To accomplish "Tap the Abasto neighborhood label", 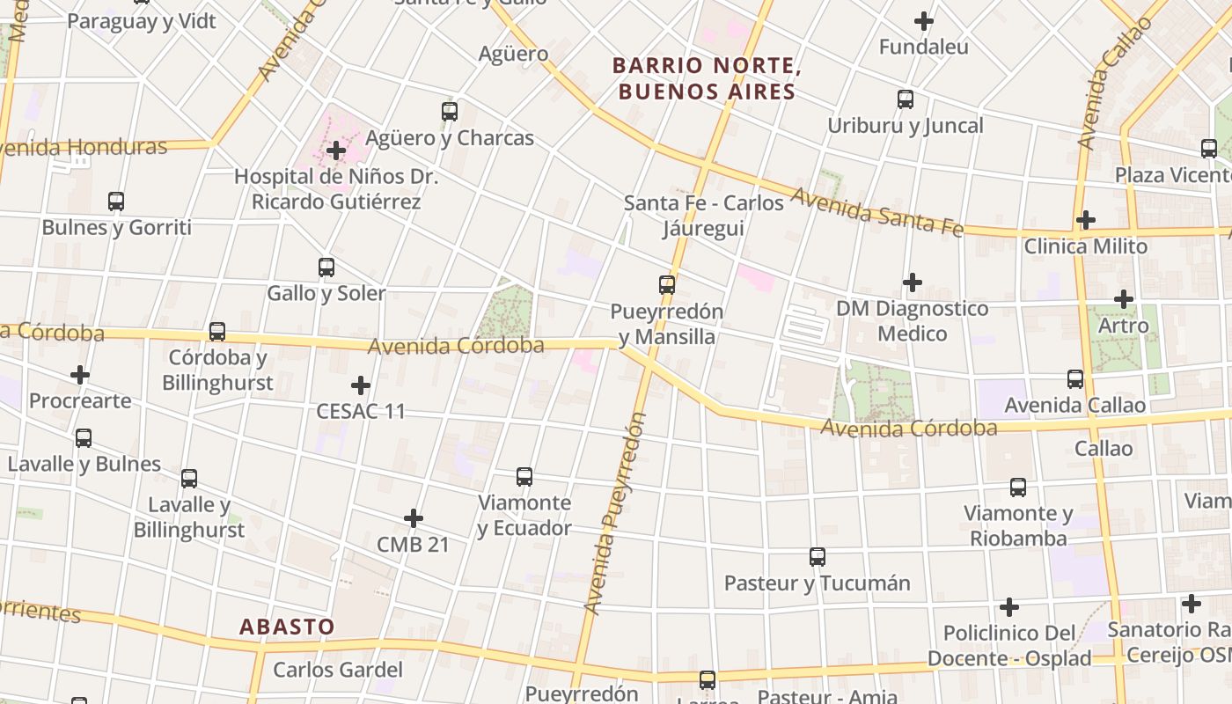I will (287, 627).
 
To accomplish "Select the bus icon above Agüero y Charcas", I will (450, 112).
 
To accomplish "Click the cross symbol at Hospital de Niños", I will (335, 151).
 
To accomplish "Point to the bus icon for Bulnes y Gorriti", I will (116, 202).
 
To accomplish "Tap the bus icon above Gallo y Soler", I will (326, 268).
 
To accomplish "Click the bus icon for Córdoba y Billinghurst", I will (217, 332).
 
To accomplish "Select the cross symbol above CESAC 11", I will (361, 385).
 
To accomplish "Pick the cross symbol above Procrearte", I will (80, 376).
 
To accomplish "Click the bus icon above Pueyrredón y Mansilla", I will (667, 285).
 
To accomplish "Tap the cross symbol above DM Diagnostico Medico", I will (913, 282).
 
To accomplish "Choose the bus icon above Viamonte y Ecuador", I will (524, 477).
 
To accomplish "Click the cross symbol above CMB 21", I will (414, 518).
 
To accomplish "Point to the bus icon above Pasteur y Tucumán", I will (818, 557).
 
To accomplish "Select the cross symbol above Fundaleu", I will (924, 21).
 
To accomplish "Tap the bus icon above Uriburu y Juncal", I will (906, 99).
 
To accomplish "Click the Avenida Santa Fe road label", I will (877, 212).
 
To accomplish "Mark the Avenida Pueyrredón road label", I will (615, 513).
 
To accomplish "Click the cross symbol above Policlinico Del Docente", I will (1009, 607).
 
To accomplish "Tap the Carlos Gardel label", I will (338, 670).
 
